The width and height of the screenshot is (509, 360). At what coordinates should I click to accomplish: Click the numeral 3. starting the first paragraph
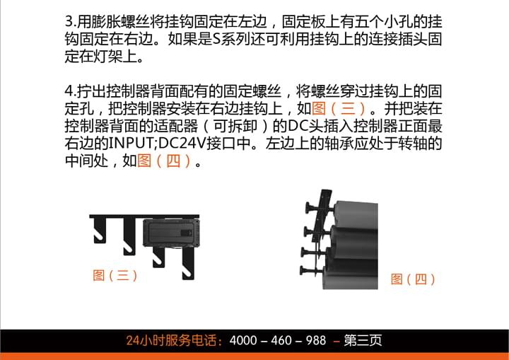(71, 22)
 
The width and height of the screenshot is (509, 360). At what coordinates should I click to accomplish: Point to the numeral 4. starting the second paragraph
(71, 91)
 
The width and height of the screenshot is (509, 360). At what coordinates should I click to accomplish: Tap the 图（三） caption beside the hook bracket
(115, 276)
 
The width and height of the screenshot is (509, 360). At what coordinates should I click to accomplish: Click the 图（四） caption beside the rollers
(414, 279)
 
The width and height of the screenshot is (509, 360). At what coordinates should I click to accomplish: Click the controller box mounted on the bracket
(171, 232)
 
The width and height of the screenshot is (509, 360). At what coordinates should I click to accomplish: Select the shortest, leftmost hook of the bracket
(100, 230)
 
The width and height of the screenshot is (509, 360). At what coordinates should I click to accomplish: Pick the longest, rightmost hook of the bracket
(188, 263)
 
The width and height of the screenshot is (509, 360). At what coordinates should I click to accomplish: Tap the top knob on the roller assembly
(311, 206)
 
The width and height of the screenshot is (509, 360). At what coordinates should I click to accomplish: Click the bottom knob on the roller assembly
(306, 270)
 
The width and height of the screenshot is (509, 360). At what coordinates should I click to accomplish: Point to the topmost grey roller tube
(356, 214)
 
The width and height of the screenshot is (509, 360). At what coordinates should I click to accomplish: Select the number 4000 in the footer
(243, 340)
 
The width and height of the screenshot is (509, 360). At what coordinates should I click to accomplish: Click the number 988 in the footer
(316, 340)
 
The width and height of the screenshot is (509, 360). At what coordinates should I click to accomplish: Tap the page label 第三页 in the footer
(363, 340)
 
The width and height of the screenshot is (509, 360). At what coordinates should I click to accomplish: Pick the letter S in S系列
(216, 40)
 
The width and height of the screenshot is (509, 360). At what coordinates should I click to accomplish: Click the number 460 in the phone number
(281, 340)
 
